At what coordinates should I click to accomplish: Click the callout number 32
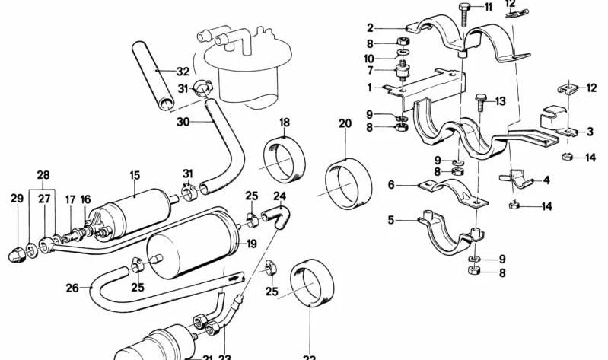tap(182, 72)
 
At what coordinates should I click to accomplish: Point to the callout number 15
tap(134, 175)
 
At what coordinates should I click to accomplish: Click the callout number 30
tap(182, 120)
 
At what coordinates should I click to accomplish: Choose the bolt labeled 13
tap(482, 106)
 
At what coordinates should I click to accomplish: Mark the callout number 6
tap(392, 184)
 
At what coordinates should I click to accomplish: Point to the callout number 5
tap(392, 221)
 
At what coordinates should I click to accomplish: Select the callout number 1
tap(370, 88)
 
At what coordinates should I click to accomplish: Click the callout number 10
tap(370, 58)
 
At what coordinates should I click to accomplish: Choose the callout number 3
tap(590, 132)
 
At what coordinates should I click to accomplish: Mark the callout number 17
tap(70, 200)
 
